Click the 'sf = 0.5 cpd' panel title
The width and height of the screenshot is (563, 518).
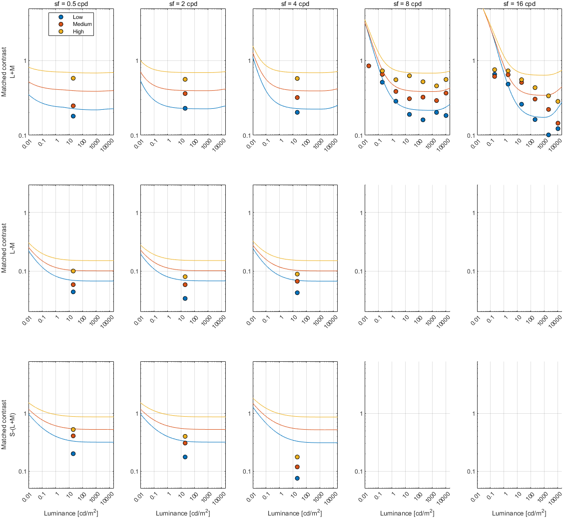[x=71, y=4]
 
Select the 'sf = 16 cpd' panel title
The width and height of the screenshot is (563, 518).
[x=519, y=4]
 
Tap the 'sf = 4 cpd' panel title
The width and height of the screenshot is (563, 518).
[x=295, y=4]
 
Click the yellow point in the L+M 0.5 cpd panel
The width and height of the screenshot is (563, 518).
[x=73, y=78]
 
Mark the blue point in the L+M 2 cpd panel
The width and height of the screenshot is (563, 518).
[x=185, y=108]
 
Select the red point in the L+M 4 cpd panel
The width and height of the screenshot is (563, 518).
[x=297, y=98]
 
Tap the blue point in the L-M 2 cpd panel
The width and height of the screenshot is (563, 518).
[x=185, y=298]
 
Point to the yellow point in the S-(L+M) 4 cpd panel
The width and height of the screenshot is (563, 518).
[x=297, y=457]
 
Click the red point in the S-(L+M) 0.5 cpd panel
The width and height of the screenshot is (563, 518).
[x=73, y=436]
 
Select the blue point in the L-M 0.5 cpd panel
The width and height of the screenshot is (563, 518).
[x=73, y=292]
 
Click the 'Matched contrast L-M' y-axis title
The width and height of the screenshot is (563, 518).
[x=7, y=249]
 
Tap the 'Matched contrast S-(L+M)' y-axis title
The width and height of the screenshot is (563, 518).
[x=7, y=424]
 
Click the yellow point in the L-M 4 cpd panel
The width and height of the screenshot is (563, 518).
[x=297, y=274]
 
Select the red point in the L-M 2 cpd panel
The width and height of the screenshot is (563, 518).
[x=185, y=285]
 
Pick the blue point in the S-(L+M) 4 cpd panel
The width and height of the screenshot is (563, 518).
[x=297, y=478]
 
